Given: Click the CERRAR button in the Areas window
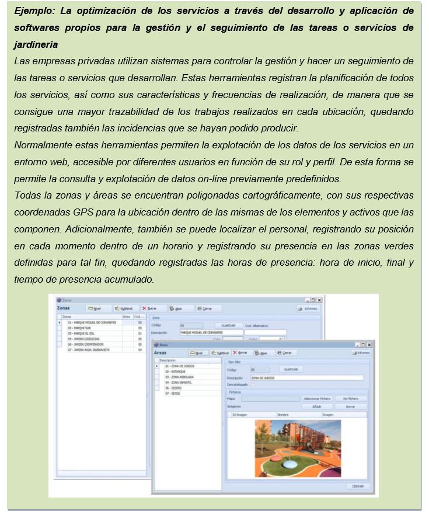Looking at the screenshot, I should tap(357, 486).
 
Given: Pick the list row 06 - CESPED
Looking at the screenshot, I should tap(173, 388).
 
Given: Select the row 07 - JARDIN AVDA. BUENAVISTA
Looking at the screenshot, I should tap(91, 350).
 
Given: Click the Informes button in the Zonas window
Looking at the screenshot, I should tap(308, 308).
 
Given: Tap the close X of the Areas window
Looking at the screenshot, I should tap(369, 345).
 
